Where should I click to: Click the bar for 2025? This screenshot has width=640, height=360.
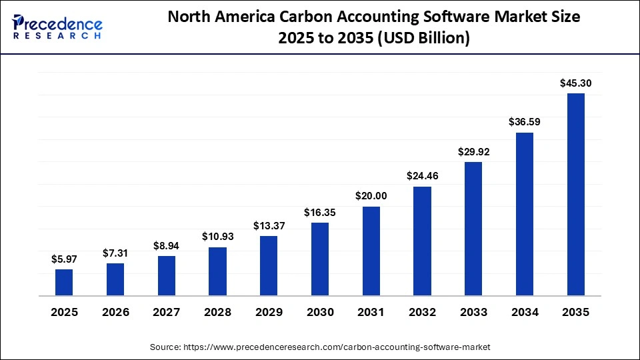[64, 282]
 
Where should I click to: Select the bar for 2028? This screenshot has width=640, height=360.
[217, 271]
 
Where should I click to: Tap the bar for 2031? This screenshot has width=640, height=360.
[371, 251]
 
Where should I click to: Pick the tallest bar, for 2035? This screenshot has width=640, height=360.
[576, 194]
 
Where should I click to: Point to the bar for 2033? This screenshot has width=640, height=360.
[473, 229]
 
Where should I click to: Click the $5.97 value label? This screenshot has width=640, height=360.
[64, 259]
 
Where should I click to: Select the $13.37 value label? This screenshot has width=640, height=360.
[269, 226]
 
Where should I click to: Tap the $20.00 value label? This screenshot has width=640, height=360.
[371, 196]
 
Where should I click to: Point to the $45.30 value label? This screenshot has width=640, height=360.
[576, 83]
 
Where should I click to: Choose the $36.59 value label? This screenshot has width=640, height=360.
[525, 122]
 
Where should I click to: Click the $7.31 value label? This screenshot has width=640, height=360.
[115, 253]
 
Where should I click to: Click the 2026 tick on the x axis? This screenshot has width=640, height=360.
[115, 312]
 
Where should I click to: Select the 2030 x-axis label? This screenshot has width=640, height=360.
[320, 312]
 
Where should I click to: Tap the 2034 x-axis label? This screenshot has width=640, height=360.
[525, 312]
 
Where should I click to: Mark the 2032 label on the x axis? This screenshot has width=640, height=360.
[422, 312]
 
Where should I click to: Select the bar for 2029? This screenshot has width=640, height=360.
[269, 265]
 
